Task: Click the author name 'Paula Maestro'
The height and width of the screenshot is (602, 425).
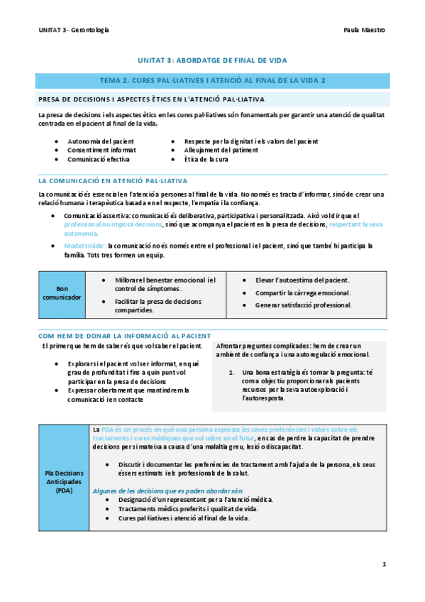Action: pyautogui.click(x=364, y=31)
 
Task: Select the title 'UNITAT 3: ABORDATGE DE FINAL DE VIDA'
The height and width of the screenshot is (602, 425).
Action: pyautogui.click(x=212, y=61)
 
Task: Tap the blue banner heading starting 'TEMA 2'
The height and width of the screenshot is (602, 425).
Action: pyautogui.click(x=212, y=80)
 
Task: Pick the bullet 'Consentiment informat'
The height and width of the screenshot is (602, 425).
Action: pyautogui.click(x=101, y=150)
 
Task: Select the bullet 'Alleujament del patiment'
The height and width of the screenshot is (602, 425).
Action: pyautogui.click(x=221, y=150)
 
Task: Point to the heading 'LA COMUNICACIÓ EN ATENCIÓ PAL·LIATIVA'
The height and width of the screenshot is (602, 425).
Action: pyautogui.click(x=113, y=181)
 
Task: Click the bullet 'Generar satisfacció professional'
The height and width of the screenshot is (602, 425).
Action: pyautogui.click(x=304, y=305)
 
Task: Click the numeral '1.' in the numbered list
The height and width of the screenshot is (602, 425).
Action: pyautogui.click(x=231, y=373)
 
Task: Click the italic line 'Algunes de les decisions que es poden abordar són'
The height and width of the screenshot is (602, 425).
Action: pyautogui.click(x=167, y=491)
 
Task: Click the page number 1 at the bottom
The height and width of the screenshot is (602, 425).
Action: pyautogui.click(x=384, y=564)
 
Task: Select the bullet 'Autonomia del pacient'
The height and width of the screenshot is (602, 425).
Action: pyautogui.click(x=100, y=141)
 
